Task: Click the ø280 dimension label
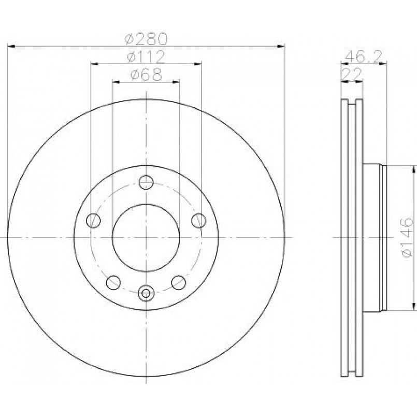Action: point(146,39)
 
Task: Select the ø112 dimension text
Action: point(146,56)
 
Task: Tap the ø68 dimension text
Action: point(146,75)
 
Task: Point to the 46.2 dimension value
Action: point(364,56)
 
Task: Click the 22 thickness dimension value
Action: point(352,74)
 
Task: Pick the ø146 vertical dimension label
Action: point(407,237)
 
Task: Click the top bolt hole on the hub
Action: point(146,182)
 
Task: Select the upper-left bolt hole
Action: point(93,221)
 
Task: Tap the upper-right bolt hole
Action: point(199,221)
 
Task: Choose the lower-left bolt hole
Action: point(113,282)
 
